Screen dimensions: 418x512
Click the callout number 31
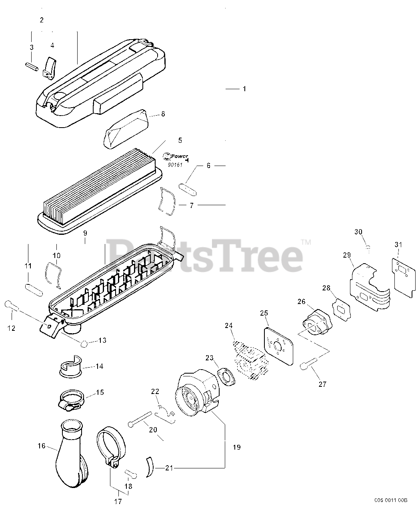click(x=398, y=244)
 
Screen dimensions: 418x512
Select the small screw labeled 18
click(x=130, y=474)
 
